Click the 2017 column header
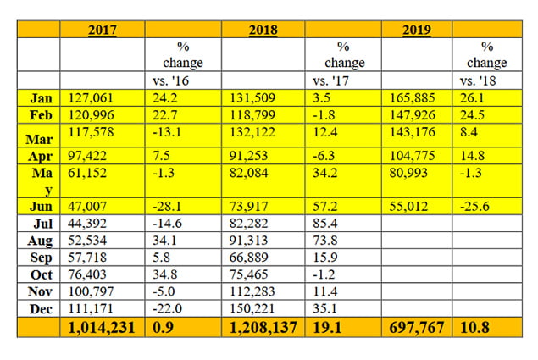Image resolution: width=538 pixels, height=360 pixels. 103,30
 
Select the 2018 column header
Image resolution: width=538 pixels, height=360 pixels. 263,30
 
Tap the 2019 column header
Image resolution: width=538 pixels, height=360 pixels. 417,30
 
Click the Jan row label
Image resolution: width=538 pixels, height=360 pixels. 39,98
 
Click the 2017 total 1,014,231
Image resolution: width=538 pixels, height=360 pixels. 100,327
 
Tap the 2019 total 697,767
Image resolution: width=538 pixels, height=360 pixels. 415,327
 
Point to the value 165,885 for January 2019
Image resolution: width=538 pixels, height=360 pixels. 413,98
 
